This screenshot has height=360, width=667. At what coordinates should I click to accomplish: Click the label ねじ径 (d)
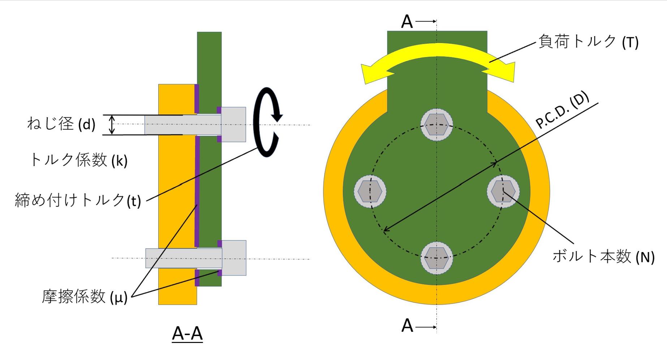[61, 124]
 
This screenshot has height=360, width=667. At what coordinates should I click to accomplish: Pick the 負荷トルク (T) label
[588, 42]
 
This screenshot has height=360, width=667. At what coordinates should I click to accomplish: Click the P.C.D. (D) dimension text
[562, 110]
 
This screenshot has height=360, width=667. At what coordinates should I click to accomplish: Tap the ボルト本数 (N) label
[603, 256]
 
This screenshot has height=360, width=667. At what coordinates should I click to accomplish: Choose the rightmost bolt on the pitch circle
[503, 191]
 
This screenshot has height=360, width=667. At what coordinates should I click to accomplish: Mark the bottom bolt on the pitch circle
[437, 258]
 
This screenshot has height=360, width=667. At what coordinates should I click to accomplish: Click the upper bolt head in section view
[233, 124]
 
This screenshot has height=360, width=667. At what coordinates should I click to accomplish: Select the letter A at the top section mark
[407, 22]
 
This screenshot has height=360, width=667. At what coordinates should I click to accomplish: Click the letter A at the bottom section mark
[407, 326]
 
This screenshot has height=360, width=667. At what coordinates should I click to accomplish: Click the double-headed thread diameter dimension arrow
[112, 125]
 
